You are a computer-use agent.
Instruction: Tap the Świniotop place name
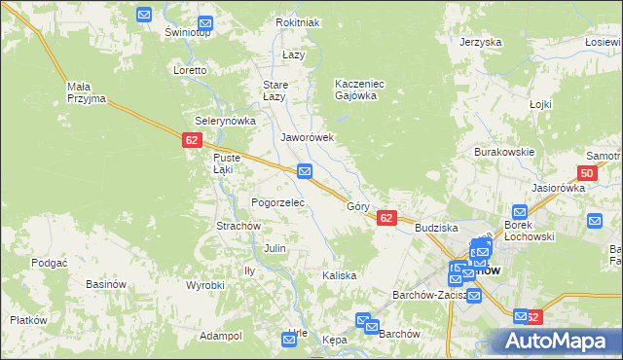pos(188,32)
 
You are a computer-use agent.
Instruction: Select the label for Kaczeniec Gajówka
pos(360,90)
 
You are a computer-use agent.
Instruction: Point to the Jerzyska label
pos(480,43)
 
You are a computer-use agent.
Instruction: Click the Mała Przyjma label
pos(86,92)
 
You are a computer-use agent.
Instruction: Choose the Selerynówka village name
pos(225,121)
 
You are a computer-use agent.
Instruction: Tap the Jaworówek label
pos(308,138)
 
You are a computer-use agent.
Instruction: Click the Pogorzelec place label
pos(278,202)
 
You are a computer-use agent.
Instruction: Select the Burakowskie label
pos(504,153)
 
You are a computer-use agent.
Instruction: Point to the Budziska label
pos(436,227)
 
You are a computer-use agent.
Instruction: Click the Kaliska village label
pos(340,275)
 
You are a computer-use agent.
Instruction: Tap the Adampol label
pos(220,336)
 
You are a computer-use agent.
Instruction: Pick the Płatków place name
pos(28,320)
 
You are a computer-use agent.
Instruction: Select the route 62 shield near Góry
pos(386,219)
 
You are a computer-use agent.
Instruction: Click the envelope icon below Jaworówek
pos(305,172)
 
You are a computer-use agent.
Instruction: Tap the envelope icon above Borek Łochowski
pos(520,212)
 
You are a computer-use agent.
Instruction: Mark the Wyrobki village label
pos(205,285)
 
